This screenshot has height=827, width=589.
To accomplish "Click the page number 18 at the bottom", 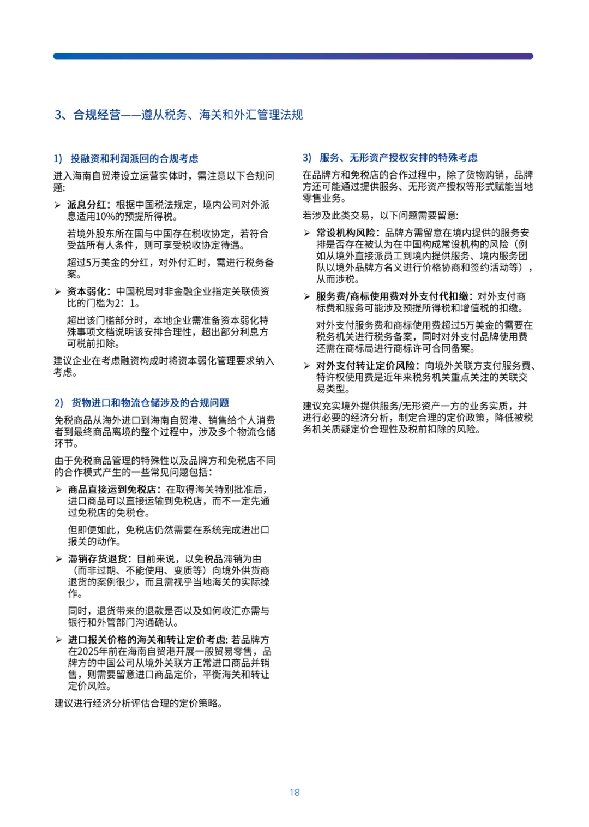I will [x=294, y=792].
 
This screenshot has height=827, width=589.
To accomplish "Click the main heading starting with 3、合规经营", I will [x=178, y=115].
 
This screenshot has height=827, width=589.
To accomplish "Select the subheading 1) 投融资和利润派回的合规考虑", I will [x=126, y=158].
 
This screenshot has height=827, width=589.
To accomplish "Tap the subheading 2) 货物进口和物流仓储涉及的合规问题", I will [x=142, y=403].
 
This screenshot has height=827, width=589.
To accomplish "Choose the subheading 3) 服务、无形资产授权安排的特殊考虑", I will [x=390, y=158].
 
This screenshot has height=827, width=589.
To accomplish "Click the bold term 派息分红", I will [x=86, y=205].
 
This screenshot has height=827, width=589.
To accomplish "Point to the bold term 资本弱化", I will [x=86, y=291].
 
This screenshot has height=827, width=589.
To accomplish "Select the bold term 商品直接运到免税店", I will [x=112, y=490].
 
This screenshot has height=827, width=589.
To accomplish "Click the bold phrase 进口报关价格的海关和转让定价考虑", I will [x=147, y=640].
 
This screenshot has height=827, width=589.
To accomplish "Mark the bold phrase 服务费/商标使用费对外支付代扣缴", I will [x=394, y=296].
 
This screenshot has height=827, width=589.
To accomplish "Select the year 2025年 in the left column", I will [x=94, y=651].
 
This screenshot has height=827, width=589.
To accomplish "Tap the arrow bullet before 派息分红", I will [x=58, y=205].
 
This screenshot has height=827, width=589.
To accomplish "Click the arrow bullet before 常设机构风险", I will [x=307, y=233].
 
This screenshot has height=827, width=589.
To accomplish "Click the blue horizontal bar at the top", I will [x=293, y=56].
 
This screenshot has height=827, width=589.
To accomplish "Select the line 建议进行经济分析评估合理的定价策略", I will [x=139, y=703].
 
